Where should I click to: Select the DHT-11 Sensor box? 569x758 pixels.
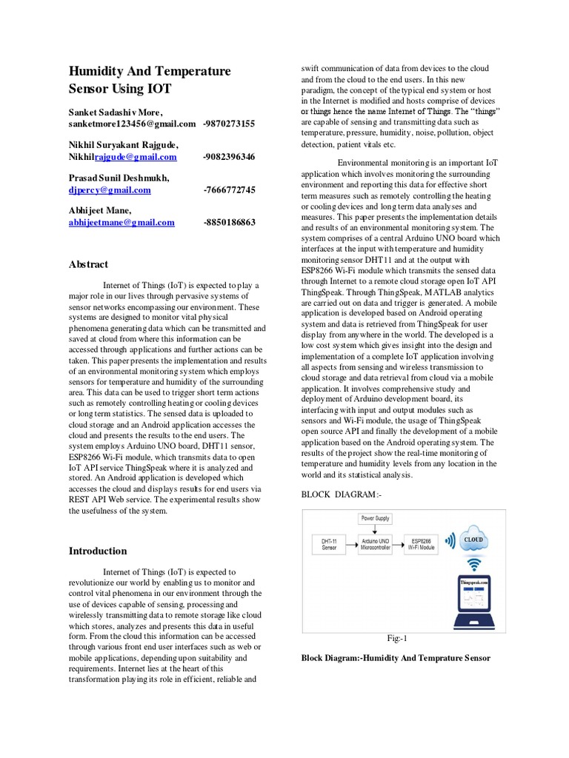click(325, 544)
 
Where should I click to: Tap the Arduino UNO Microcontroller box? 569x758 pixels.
click(378, 544)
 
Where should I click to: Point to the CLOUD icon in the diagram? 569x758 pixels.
click(473, 540)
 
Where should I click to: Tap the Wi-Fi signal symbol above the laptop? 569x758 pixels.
click(474, 566)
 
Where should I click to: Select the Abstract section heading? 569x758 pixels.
click(88, 264)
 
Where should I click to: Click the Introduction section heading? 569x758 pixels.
click(98, 551)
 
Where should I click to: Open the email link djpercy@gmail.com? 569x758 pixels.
click(110, 190)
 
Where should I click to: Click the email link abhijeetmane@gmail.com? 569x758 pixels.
click(122, 222)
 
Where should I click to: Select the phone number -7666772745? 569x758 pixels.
click(229, 190)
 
